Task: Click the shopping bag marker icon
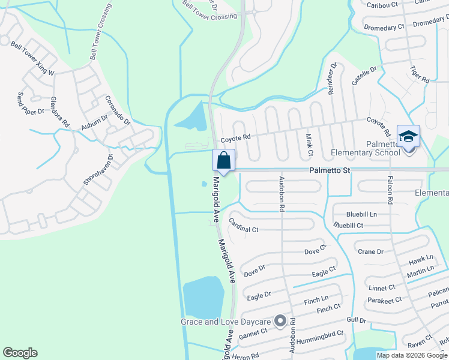click(x=223, y=160)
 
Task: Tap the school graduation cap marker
click(x=408, y=137)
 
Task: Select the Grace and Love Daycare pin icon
click(x=280, y=322)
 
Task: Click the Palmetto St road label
click(x=330, y=170)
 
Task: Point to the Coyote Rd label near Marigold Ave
click(x=235, y=139)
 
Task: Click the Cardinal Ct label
click(x=244, y=226)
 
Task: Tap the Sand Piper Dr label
click(x=31, y=103)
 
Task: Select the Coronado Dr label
click(x=118, y=110)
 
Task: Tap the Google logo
click(x=20, y=353)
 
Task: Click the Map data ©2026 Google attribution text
click(x=412, y=355)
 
